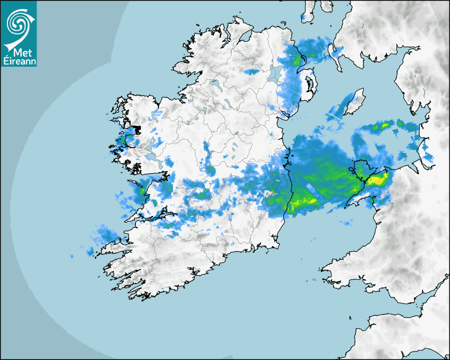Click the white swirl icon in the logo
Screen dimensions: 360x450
(19, 23)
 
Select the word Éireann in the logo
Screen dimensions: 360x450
(19, 61)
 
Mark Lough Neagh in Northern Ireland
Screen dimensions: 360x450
(275, 73)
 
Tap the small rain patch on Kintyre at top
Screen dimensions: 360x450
(307, 16)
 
